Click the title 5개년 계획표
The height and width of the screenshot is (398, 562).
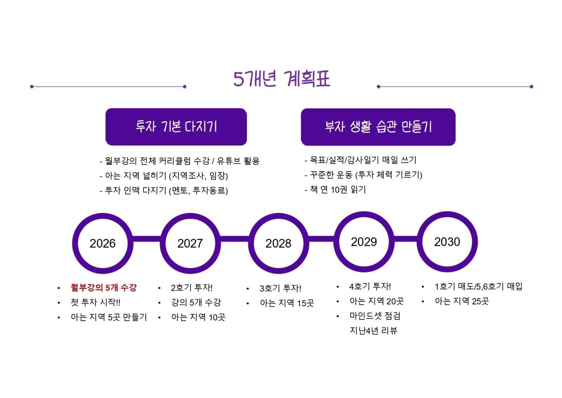coord(282,79)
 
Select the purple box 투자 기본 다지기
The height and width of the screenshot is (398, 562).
coord(176,127)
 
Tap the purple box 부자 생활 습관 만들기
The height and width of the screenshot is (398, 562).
coord(378,127)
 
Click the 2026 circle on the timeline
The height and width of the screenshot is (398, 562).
coord(102,243)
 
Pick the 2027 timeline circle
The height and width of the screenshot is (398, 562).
coord(190,243)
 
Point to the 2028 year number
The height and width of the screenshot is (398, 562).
coord(278,243)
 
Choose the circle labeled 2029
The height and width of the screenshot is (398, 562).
coord(364,242)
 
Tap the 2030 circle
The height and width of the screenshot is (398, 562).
coord(447,242)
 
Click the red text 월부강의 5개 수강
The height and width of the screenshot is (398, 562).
coord(103,288)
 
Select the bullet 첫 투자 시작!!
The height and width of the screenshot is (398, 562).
coord(95,302)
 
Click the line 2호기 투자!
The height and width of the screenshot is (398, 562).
coord(192,288)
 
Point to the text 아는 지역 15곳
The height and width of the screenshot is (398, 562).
coord(287,303)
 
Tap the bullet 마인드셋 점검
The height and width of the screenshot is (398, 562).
coord(375,316)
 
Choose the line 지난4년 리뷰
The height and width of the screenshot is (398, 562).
coord(373,331)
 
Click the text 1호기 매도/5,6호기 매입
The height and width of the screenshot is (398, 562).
coord(478,287)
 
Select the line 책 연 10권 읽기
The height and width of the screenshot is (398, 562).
coord(335,189)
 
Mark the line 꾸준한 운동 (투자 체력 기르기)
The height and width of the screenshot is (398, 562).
coord(363,175)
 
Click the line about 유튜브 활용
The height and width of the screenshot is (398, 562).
coord(179,161)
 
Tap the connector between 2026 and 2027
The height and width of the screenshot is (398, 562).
coord(147,239)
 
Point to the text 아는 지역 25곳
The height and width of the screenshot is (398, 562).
coord(462,301)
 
